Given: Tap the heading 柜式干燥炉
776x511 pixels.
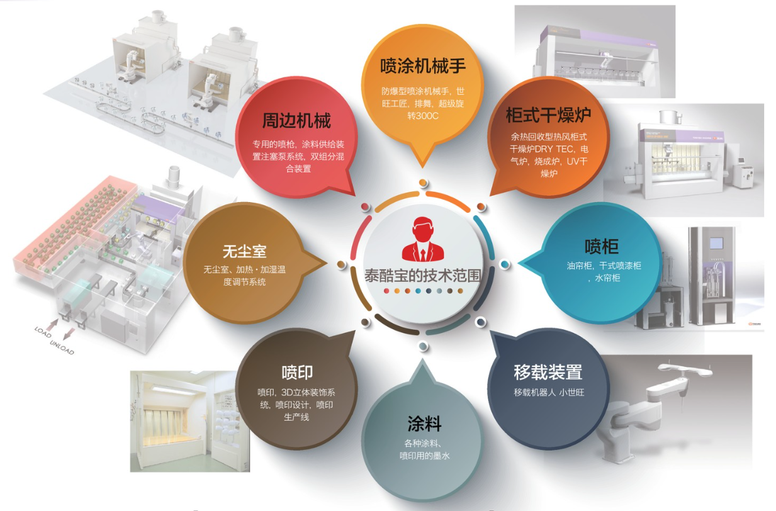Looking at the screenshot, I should click(x=548, y=116).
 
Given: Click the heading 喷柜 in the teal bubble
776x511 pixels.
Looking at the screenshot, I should click(x=601, y=246).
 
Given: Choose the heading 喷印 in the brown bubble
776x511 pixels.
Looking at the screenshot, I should click(x=297, y=372).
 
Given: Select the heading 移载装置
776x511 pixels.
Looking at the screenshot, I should click(x=548, y=372).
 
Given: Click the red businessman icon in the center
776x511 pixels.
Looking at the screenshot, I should click(x=423, y=240).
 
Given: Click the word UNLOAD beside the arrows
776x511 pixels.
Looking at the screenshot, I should click(x=62, y=343).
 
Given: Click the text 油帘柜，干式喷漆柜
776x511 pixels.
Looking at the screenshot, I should click(x=604, y=266).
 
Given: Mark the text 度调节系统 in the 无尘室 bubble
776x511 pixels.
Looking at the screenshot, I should click(x=244, y=282).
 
